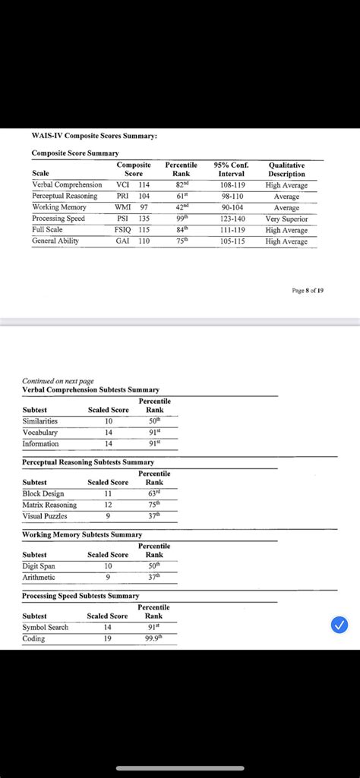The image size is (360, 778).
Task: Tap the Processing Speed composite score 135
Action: [144, 219]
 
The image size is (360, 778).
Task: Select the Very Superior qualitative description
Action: [286, 219]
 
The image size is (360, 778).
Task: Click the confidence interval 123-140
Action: [232, 219]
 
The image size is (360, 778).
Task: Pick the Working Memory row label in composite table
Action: [58, 207]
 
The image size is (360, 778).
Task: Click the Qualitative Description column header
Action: [286, 169]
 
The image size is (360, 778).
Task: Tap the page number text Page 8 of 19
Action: [308, 290]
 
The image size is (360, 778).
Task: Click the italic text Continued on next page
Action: [58, 381]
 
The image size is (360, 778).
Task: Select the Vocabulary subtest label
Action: [41, 432]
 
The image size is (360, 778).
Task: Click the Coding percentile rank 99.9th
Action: [154, 638]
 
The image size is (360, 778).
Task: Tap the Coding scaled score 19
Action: [108, 638]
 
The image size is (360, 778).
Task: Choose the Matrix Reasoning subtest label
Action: [49, 505]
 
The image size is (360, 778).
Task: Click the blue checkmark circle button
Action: [340, 625]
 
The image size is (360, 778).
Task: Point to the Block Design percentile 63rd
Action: [154, 493]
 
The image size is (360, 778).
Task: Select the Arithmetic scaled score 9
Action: [108, 577]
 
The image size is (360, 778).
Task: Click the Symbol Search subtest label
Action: [46, 627]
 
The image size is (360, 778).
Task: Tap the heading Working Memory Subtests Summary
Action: [82, 535]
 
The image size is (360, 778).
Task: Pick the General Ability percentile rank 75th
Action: [182, 241]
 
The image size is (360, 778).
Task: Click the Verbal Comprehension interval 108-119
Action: [232, 184]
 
